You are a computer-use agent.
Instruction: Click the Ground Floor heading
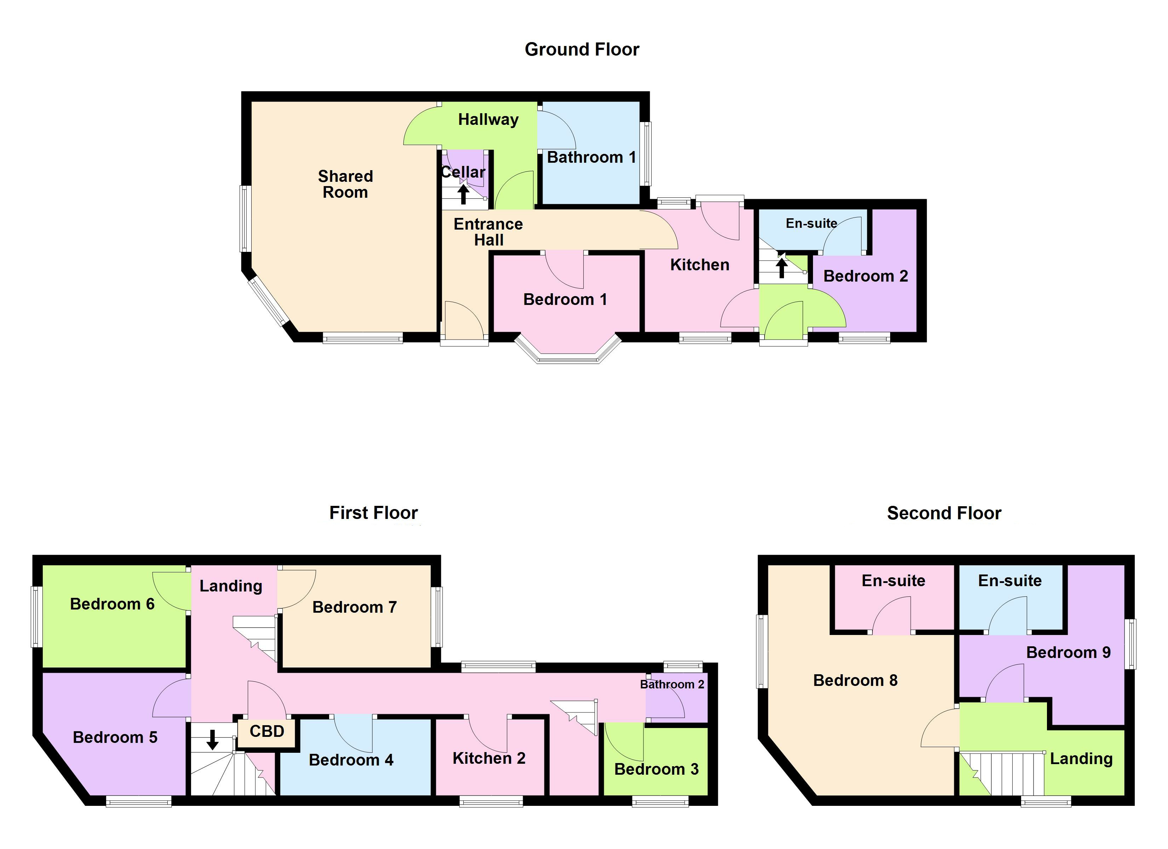click(582, 50)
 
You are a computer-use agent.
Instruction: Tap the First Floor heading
click(373, 513)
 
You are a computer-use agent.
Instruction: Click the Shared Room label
click(345, 184)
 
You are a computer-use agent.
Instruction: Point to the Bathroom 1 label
click(591, 157)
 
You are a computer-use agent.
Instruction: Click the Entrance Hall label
click(488, 232)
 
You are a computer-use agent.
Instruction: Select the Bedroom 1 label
click(565, 299)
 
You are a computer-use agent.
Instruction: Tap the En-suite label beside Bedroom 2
click(811, 224)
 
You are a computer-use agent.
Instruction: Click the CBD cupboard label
click(267, 731)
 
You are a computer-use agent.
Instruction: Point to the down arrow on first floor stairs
click(212, 739)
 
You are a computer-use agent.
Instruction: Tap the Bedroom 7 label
click(354, 607)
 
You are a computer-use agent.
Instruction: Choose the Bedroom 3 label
click(656, 769)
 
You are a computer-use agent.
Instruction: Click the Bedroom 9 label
click(1068, 652)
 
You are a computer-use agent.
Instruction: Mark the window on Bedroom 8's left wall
click(762, 651)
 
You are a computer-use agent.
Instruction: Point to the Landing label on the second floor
click(1081, 758)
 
